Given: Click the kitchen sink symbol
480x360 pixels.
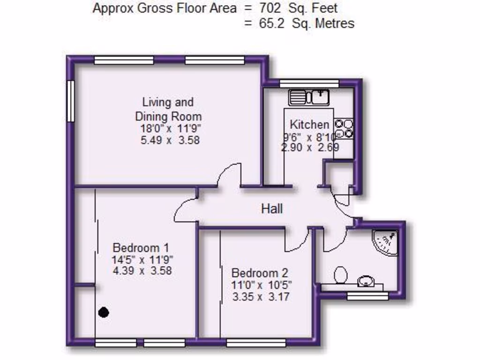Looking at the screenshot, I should click(309, 97).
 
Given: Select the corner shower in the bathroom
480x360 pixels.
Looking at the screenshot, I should click(386, 242).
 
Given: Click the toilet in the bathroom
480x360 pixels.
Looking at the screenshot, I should click(341, 275).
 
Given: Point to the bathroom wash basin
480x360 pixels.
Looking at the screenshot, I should click(365, 282).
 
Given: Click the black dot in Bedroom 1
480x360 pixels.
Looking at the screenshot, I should click(104, 312).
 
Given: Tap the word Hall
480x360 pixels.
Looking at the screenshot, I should click(272, 209).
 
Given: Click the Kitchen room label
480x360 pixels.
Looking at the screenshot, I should click(309, 125).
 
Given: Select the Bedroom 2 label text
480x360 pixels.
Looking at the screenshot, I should click(260, 273).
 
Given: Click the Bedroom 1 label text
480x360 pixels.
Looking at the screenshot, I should click(141, 247).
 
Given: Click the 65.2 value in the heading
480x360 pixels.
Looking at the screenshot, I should click(272, 23).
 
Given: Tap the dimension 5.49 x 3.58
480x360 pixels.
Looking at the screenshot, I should click(170, 140).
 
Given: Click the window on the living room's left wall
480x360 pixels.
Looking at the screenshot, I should click(70, 101).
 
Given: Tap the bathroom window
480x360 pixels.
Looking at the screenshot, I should click(367, 296).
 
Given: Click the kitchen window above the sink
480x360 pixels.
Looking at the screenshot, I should click(309, 83).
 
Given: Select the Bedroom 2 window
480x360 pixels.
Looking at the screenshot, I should click(256, 343).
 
